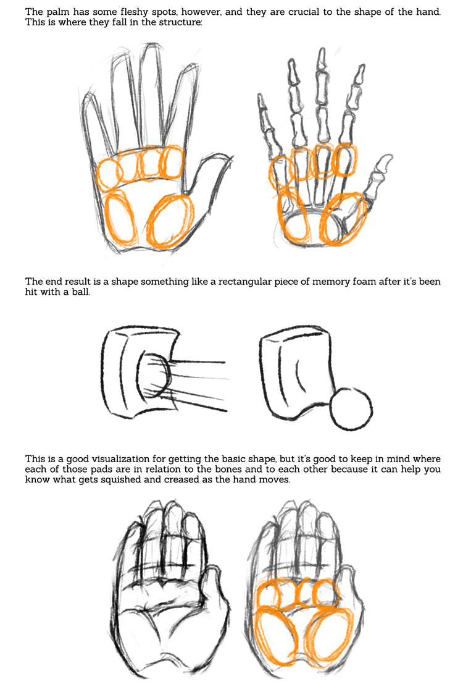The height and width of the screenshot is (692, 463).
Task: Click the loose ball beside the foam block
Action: [351, 408]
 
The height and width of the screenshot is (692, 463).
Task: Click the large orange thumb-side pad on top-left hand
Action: [170, 221]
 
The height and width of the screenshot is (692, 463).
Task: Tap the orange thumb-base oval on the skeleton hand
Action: [344, 219]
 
